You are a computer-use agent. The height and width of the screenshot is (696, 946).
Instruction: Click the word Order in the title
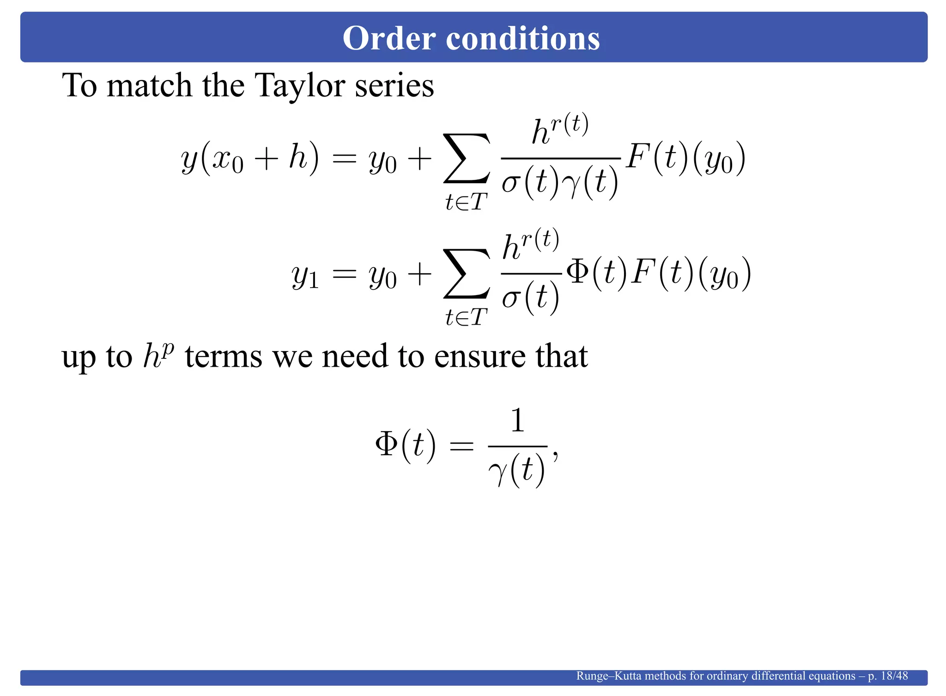tap(389, 38)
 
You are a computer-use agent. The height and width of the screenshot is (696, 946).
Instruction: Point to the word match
tap(149, 86)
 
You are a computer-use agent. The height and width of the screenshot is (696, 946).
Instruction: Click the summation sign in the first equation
tap(467, 158)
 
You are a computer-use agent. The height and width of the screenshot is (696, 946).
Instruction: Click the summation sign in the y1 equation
tap(467, 273)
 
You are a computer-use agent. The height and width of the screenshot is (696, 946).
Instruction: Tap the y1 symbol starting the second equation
tap(305, 276)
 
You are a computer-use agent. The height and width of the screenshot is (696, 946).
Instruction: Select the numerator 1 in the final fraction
tap(517, 420)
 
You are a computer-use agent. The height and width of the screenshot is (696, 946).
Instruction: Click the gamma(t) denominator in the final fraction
tap(517, 470)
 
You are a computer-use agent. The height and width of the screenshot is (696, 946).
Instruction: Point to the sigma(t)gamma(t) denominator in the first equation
tap(560, 182)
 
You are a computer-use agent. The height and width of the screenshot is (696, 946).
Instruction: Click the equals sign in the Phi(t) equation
tap(461, 446)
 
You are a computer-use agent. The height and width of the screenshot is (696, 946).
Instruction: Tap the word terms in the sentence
tap(224, 357)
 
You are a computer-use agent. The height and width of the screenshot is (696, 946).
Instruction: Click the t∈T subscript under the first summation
tap(467, 202)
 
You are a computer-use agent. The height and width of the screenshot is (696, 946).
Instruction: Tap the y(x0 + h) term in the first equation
tap(250, 158)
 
